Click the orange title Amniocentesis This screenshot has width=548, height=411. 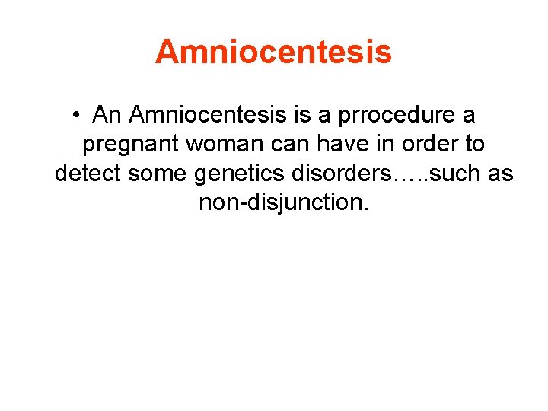coord(273,52)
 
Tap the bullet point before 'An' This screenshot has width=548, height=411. coord(77,116)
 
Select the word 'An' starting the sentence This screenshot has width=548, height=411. coord(107,116)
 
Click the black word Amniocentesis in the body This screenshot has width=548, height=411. coord(208,116)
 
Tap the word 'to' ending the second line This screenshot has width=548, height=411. coord(473,145)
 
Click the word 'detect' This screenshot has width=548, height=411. coord(87,174)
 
